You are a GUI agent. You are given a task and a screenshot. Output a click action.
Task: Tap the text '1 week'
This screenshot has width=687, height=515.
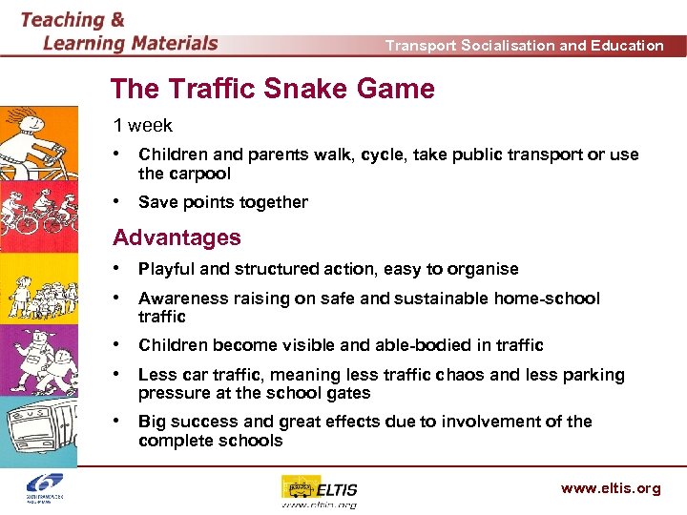tap(143, 126)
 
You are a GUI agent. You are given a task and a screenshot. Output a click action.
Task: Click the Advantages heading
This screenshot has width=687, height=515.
tap(177, 237)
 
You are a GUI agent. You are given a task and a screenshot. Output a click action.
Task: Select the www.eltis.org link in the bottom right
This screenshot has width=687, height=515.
tap(611, 488)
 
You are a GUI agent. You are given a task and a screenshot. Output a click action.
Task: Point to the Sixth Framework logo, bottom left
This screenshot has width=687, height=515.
tap(45, 489)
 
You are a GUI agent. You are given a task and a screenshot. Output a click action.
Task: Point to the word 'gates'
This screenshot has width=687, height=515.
tap(346, 393)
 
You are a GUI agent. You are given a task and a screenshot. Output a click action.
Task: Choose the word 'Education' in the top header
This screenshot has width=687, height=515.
tap(627, 45)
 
